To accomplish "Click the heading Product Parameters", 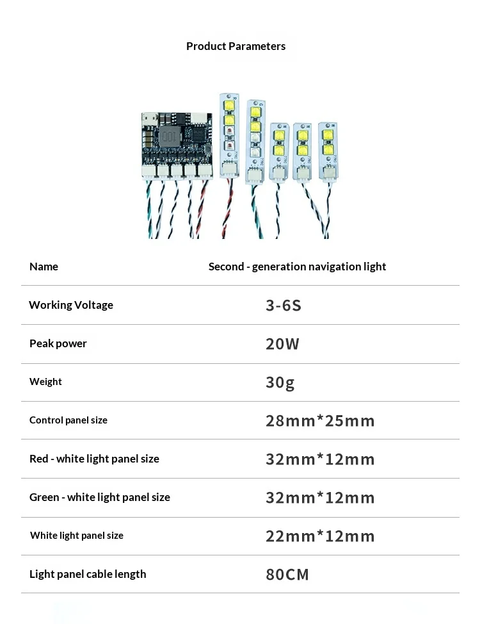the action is tap(236, 46).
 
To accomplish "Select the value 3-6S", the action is tap(284, 305).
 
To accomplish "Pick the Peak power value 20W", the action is tap(282, 344).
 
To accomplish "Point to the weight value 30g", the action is tap(280, 382).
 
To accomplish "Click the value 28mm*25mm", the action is tap(320, 421).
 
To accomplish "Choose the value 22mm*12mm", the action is tap(320, 536).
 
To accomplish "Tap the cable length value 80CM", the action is tap(287, 574).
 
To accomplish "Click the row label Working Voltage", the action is tap(71, 305).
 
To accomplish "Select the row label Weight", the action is tap(45, 382).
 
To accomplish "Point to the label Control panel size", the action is tap(68, 420).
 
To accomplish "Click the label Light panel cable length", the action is tap(88, 574).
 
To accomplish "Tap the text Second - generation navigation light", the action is tap(297, 267).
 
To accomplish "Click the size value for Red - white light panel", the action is tap(320, 459).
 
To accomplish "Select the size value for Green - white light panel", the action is tap(320, 497).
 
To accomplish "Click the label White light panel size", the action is tap(77, 535).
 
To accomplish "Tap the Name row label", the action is tap(44, 267).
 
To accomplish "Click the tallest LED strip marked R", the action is tap(230, 135).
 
